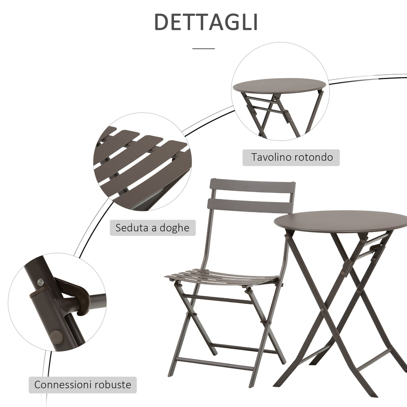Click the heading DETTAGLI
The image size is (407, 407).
(205, 22)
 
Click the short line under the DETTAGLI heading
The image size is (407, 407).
(203, 48)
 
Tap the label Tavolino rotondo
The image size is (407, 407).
(291, 157)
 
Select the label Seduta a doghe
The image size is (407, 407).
(153, 228)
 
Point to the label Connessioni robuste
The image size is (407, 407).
(83, 385)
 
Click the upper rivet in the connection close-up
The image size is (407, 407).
(41, 282)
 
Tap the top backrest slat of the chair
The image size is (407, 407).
(252, 186)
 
